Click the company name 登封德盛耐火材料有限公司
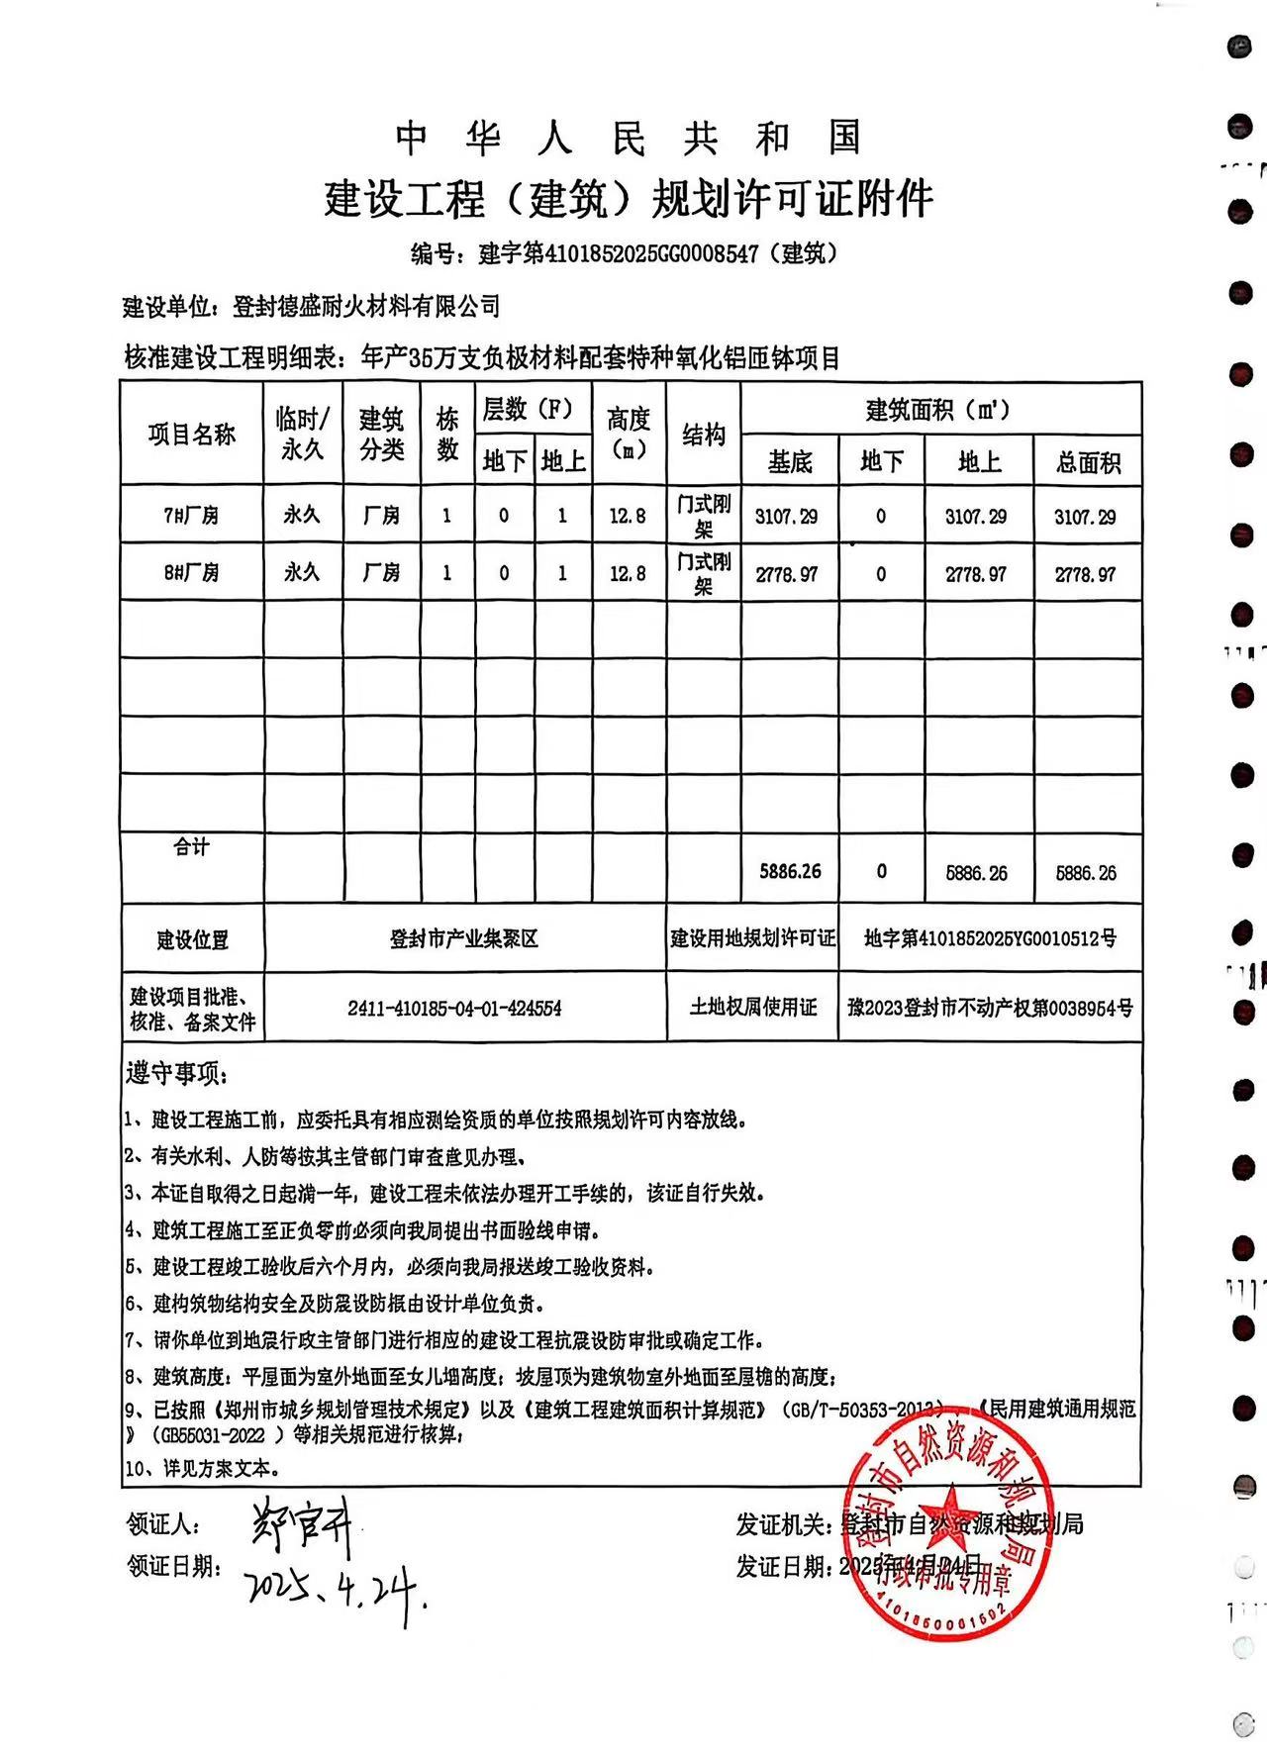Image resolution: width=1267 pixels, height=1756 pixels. point(366,307)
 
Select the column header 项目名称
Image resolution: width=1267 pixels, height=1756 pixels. point(192,434)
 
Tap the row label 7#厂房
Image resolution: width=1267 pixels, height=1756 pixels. point(192,515)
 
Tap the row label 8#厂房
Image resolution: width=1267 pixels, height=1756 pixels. point(192,572)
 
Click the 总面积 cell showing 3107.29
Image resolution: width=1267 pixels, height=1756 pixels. point(1086,517)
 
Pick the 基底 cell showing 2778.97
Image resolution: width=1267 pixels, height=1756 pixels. point(788,574)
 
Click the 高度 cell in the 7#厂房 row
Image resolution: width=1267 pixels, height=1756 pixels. point(628,516)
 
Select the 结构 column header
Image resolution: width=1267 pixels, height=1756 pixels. point(703,434)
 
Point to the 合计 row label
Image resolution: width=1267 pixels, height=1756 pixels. point(192,846)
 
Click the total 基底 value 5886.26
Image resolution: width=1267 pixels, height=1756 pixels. point(790,871)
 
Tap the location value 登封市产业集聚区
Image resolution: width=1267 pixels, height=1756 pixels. point(464,938)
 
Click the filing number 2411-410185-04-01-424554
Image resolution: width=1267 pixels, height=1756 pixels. point(454,1008)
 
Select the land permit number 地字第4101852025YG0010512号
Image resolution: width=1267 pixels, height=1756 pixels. point(990,937)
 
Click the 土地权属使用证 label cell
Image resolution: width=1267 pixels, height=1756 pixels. point(753,1008)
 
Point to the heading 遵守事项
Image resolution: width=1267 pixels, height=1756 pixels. point(176,1073)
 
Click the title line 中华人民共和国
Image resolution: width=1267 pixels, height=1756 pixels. point(630,139)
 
